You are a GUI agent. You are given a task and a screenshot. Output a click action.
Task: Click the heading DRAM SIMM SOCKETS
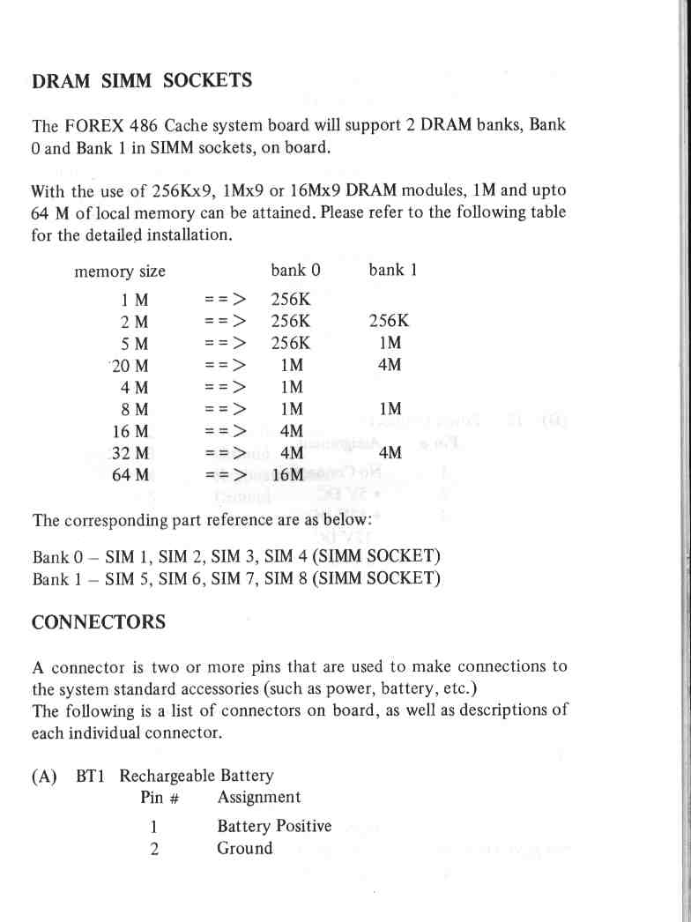tap(142, 81)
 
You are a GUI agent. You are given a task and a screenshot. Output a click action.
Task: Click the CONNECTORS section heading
tap(98, 622)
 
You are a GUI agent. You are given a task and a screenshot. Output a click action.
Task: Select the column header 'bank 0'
tap(294, 271)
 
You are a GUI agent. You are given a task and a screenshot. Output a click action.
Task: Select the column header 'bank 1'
tap(392, 271)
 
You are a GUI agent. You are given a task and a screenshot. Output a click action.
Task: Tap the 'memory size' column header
tap(120, 271)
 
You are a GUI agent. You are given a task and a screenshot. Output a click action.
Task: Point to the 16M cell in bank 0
tap(288, 475)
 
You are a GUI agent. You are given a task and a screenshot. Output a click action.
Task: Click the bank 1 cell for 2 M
tap(389, 321)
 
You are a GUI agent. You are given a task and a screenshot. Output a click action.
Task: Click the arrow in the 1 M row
tap(225, 300)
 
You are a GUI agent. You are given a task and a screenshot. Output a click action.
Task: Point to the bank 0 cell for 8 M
tap(292, 409)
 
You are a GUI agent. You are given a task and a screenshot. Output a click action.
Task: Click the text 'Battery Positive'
tap(274, 826)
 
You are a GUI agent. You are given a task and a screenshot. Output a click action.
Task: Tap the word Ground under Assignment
tap(245, 848)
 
